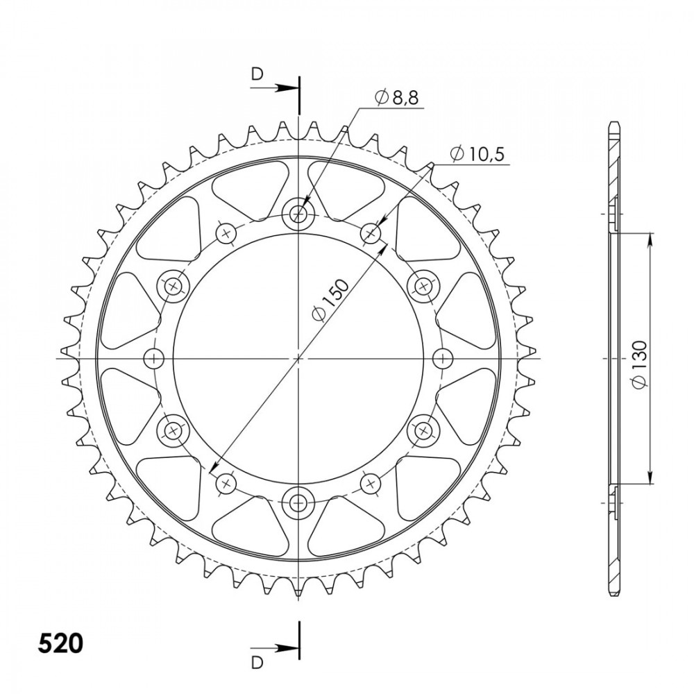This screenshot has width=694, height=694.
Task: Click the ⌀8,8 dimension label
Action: tap(396, 97)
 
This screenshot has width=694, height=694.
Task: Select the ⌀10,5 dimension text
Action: tap(477, 154)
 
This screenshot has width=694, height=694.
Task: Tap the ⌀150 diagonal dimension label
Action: tap(330, 299)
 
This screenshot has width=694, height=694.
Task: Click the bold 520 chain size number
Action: tap(60, 643)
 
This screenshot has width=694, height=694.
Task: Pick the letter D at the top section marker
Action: tap(257, 74)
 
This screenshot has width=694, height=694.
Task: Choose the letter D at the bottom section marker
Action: tap(257, 663)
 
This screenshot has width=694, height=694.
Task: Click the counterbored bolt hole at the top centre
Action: tap(298, 214)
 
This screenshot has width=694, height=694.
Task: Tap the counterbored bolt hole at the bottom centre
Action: tap(298, 502)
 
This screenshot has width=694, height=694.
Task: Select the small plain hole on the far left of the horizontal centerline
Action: tap(154, 358)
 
